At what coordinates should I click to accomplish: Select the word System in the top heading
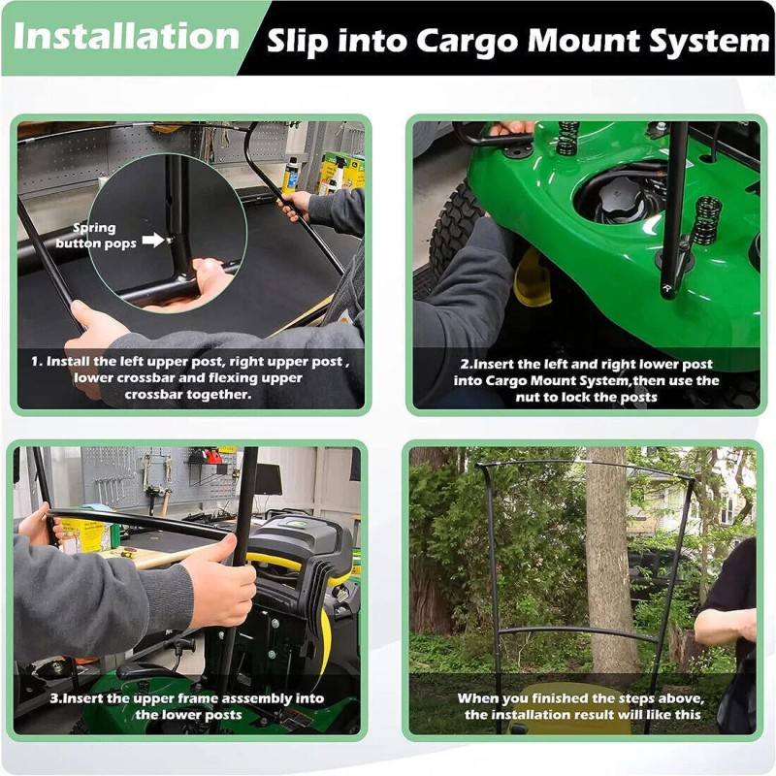tap(712, 42)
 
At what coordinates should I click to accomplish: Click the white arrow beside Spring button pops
tap(152, 239)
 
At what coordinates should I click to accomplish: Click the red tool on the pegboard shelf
tap(205, 456)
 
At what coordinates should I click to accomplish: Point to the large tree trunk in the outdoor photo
tap(610, 563)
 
